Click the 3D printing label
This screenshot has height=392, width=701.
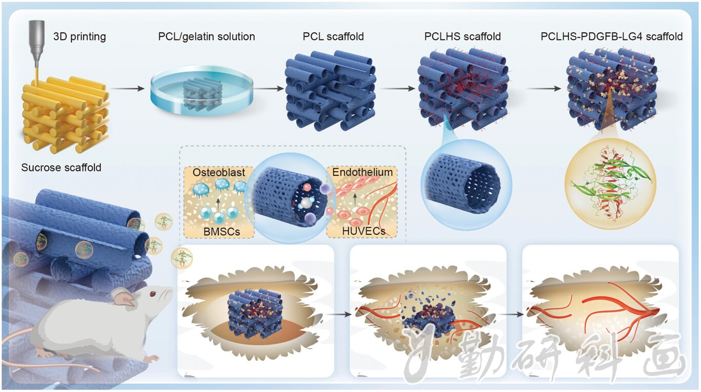pyautogui.click(x=79, y=37)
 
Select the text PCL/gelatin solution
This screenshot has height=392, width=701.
pyautogui.click(x=207, y=37)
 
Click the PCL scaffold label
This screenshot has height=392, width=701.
pyautogui.click(x=333, y=36)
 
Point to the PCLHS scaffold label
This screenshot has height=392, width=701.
pyautogui.click(x=462, y=36)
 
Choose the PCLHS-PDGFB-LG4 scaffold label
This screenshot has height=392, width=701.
pyautogui.click(x=611, y=36)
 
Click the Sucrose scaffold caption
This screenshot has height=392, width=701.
pyautogui.click(x=61, y=168)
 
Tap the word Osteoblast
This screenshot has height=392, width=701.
pyautogui.click(x=219, y=172)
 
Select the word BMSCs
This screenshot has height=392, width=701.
pyautogui.click(x=222, y=232)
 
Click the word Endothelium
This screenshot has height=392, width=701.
pyautogui.click(x=363, y=172)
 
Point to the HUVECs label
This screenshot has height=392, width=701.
pyautogui.click(x=364, y=231)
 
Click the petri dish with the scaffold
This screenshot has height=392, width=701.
pyautogui.click(x=202, y=90)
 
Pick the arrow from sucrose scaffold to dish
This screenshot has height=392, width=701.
pyautogui.click(x=127, y=89)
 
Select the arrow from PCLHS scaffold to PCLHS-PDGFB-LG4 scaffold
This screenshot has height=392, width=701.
pyautogui.click(x=544, y=89)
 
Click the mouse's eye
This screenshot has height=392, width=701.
pyautogui.click(x=153, y=294)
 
